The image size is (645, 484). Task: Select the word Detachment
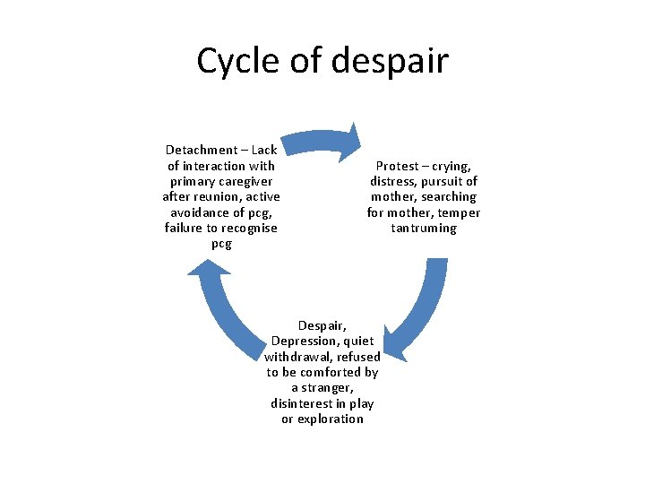[x=202, y=150]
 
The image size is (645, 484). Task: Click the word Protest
[x=397, y=166]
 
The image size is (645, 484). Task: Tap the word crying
[x=451, y=166]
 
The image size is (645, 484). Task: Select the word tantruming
[x=424, y=228]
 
